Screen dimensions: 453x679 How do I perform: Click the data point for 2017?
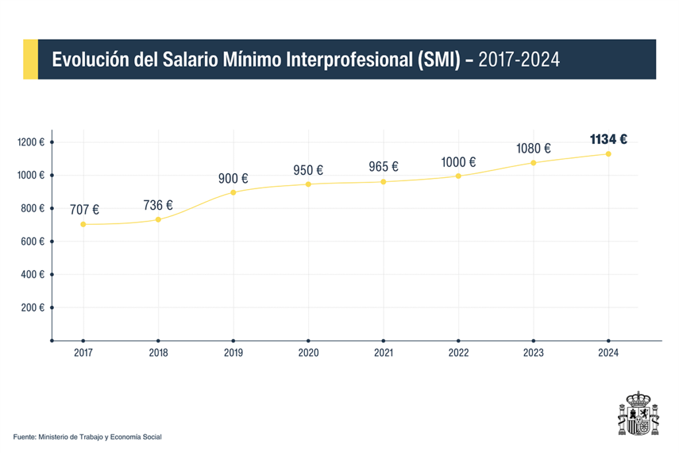point(83,224)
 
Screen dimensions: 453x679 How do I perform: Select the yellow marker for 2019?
point(233,192)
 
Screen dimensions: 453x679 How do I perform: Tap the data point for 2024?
point(608,154)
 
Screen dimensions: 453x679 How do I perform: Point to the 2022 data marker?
point(458,176)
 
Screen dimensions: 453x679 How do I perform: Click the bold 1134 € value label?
point(608,139)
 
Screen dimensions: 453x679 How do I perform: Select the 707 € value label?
point(84,210)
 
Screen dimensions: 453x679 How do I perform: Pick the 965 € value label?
point(383,166)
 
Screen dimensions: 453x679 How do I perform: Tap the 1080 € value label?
point(534,149)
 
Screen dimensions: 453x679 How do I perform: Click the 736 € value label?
point(158,206)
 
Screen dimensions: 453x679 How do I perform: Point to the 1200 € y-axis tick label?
point(31,142)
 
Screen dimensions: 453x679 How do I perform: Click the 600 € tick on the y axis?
point(52,241)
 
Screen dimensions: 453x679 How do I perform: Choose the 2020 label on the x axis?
point(308,353)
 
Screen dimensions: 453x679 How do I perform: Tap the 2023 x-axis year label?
point(533,353)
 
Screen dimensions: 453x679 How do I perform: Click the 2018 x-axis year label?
point(158,353)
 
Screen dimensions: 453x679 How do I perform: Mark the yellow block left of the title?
point(31,59)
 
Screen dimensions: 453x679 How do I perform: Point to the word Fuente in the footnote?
point(25,437)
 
